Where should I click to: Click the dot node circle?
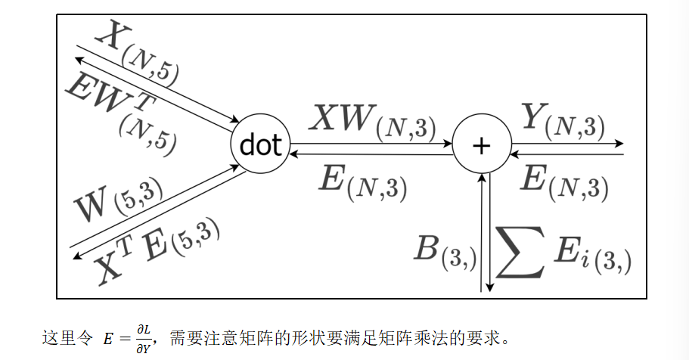[x=260, y=144]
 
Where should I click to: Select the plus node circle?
[x=481, y=144]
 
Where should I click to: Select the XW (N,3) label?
[x=374, y=121]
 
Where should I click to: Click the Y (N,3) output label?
[x=563, y=120]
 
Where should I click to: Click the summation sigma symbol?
[x=520, y=250]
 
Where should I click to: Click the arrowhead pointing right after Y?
[x=619, y=143]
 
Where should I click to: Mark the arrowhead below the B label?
[x=490, y=287]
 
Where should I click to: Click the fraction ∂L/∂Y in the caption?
[x=143, y=338]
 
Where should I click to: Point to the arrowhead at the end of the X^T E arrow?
[x=76, y=257]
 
